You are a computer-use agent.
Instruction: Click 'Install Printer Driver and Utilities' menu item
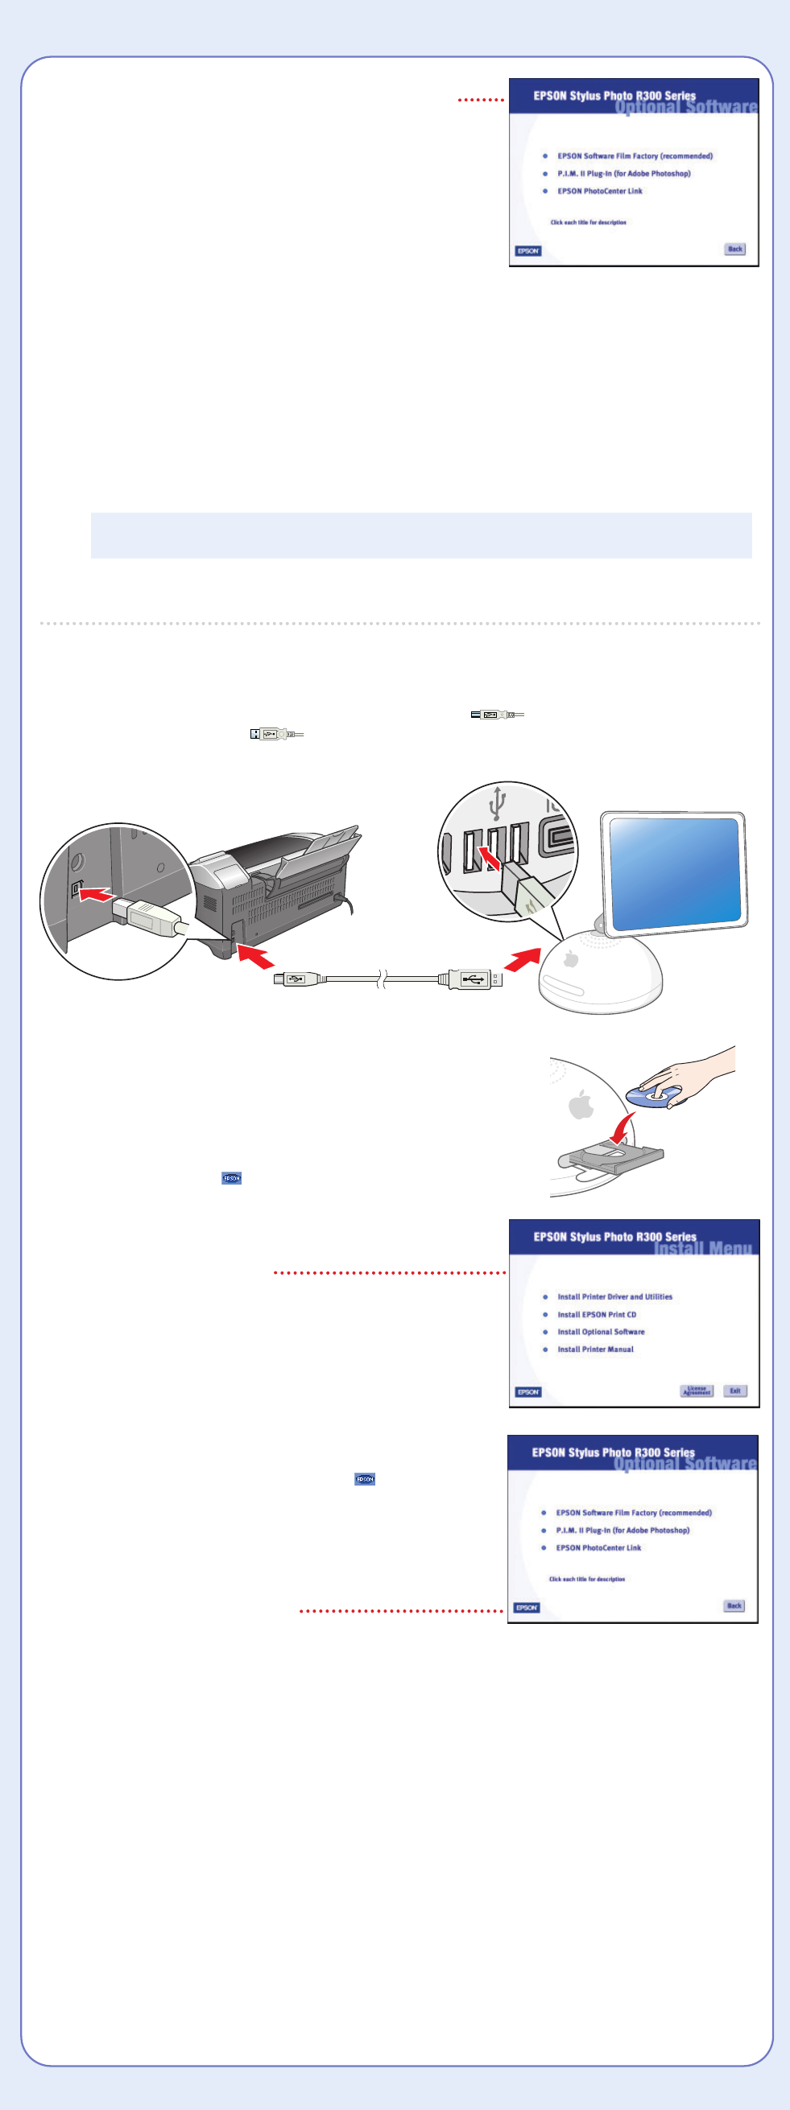(614, 1296)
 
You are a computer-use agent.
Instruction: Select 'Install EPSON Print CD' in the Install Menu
(597, 1315)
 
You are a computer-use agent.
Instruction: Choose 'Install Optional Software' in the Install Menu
(601, 1332)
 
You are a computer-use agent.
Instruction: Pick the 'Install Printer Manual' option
(595, 1349)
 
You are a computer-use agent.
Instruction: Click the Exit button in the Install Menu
(735, 1391)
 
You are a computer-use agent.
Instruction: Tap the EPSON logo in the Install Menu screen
(527, 1391)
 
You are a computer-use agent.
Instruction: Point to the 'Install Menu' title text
(702, 1248)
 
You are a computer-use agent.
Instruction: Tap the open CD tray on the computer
(610, 1156)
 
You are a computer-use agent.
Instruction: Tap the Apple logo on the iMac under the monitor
(571, 958)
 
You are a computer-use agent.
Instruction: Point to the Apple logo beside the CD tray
(581, 1105)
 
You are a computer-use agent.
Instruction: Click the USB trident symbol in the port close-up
(498, 804)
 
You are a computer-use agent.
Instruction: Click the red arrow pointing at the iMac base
(522, 959)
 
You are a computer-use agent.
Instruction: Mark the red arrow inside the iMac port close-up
(490, 859)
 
